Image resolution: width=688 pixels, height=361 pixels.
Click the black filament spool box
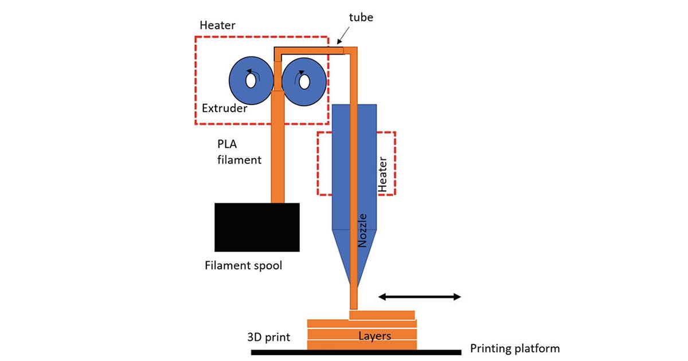coord(257,227)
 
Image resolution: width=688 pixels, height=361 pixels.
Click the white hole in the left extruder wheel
coord(251,81)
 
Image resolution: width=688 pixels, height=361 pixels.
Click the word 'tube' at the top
coord(361,17)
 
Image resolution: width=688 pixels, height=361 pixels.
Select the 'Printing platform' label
coord(514,348)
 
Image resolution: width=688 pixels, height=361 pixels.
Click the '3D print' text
coord(268,337)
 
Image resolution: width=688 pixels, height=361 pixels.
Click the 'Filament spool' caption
coord(243,266)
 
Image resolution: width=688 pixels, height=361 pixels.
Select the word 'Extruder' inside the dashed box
coord(224,108)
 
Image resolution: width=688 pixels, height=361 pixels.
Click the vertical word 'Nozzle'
coord(362,230)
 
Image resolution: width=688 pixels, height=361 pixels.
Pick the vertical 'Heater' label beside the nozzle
coord(383,174)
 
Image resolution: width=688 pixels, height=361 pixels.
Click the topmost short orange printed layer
coord(381,315)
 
